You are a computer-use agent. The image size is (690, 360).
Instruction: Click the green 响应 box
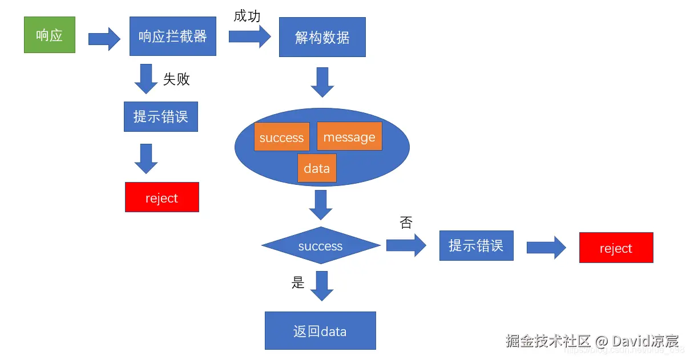coord(50,35)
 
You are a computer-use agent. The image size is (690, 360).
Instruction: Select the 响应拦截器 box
coord(172,37)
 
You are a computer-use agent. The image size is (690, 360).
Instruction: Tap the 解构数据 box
coord(322,38)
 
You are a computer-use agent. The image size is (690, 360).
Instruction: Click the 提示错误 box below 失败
coord(160,116)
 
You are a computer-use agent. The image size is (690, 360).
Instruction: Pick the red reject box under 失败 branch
coord(162,197)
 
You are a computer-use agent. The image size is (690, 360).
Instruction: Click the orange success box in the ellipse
coord(281,137)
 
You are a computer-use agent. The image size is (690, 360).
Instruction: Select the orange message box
coord(349,136)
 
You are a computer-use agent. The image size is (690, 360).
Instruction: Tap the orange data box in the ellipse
coord(317,168)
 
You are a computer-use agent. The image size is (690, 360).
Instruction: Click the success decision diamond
coord(321,246)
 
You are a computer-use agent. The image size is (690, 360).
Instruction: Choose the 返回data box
coord(320,330)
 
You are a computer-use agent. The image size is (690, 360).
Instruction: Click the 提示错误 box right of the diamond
coord(476,245)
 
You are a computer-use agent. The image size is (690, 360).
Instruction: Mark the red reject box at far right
coord(616,248)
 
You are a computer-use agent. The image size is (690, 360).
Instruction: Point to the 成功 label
coord(247,16)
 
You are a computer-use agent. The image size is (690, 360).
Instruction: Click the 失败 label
coord(176,79)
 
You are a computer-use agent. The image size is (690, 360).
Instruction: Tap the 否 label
coord(406,223)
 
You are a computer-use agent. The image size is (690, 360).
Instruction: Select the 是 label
coord(298,282)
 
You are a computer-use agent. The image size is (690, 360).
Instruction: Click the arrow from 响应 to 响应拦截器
coord(104,39)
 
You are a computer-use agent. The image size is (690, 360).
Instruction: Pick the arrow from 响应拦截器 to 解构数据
coord(250,37)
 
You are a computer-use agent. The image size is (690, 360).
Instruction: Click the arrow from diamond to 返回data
coord(321,286)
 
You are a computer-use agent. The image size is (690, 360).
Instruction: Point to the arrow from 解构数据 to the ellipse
coord(322,82)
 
